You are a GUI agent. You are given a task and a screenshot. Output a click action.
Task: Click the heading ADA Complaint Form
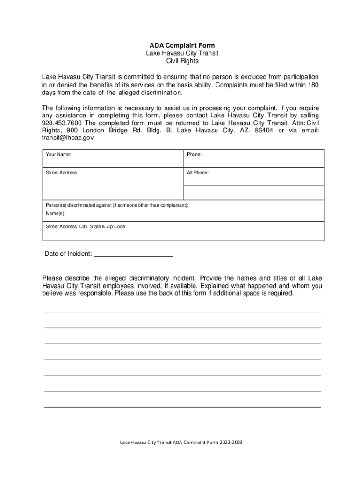pos(182,45)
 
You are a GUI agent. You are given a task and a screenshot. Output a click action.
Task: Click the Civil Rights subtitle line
pos(182,61)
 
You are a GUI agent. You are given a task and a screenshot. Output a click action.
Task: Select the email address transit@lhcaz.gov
pos(68,138)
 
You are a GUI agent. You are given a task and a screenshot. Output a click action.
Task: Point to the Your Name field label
pos(58,154)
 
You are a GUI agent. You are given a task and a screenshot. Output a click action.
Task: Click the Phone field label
pos(194,154)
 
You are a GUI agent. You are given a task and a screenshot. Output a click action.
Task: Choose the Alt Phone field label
pos(198,173)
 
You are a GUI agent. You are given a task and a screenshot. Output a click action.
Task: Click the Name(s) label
pos(56,213)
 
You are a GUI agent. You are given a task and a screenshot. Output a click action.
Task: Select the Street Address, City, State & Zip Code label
pos(86,226)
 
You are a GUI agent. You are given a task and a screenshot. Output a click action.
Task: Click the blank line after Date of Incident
pos(133,254)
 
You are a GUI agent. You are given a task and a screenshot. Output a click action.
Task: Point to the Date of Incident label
pos(68,254)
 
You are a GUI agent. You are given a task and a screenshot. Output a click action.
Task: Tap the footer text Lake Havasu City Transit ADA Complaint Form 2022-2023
pos(181,442)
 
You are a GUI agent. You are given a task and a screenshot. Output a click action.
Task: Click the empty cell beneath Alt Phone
pos(253,192)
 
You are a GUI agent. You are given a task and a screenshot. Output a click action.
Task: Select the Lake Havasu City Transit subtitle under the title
pos(182,53)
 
